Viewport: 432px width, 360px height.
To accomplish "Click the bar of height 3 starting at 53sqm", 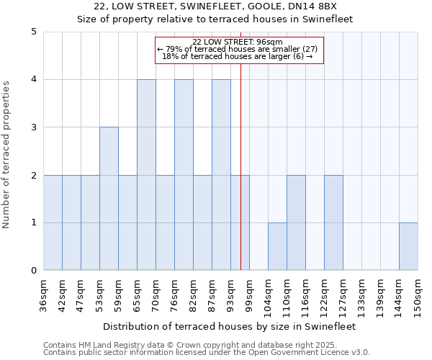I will pos(109,199).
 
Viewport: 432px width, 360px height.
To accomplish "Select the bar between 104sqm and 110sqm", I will pos(277,246).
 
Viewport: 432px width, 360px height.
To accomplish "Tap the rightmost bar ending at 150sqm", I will pos(408,246).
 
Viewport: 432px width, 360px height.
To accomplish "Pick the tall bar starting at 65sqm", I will pos(146,175).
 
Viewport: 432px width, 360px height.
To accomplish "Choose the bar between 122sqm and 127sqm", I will pos(333,222).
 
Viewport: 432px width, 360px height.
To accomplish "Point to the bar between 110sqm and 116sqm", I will pos(296,222).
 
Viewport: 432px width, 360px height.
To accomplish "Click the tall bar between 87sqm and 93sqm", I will pos(221,175).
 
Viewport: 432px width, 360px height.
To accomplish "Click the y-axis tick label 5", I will pos(34,32).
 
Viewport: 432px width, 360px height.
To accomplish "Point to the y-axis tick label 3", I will pos(34,127).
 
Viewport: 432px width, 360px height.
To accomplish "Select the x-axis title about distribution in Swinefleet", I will pos(230,326).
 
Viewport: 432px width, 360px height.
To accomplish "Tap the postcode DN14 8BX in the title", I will pos(324,6).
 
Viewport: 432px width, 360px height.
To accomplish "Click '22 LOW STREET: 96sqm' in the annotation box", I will pos(240,42).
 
